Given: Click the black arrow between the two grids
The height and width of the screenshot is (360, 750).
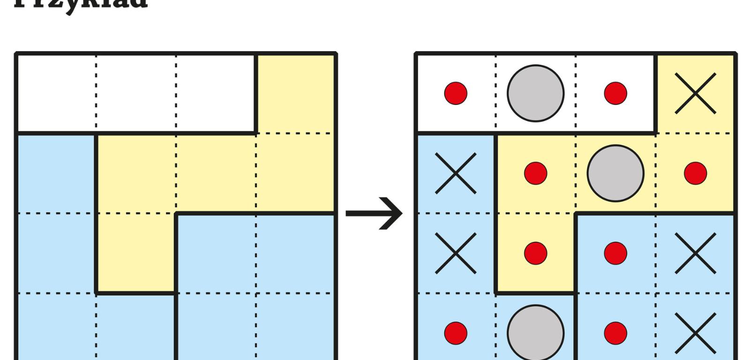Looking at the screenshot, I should pos(374,214).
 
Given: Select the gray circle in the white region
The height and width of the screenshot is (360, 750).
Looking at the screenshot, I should pos(535,93).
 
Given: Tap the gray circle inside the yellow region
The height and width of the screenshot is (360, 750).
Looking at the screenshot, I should pos(615,173).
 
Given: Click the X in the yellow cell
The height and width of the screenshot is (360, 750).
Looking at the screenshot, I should pos(695,93).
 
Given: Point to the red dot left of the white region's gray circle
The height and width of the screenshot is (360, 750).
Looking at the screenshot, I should pos(456,93).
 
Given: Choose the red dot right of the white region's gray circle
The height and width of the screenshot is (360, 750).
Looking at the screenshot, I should pos(615,93).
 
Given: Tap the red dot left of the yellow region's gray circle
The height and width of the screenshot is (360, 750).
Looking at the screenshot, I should pos(535,173).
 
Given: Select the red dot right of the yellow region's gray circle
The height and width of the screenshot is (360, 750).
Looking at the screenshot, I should pos(695,173).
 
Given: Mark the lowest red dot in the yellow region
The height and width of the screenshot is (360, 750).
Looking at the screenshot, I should pos(535,253).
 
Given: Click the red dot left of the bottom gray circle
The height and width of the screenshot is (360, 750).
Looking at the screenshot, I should pos(456,333).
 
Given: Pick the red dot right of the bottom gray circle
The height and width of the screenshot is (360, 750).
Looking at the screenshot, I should pos(615,333).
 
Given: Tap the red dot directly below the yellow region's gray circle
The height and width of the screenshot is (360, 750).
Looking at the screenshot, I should pos(615,253).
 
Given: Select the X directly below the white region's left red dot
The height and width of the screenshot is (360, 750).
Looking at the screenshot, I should pos(456,173).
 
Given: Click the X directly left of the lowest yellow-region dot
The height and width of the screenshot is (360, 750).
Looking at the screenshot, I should pos(456,253).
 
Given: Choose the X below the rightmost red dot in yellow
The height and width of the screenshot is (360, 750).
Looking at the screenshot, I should pos(695,253).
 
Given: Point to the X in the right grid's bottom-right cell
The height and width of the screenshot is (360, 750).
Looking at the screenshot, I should pos(695,333).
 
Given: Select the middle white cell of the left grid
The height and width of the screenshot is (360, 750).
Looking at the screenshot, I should pos(136,93).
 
